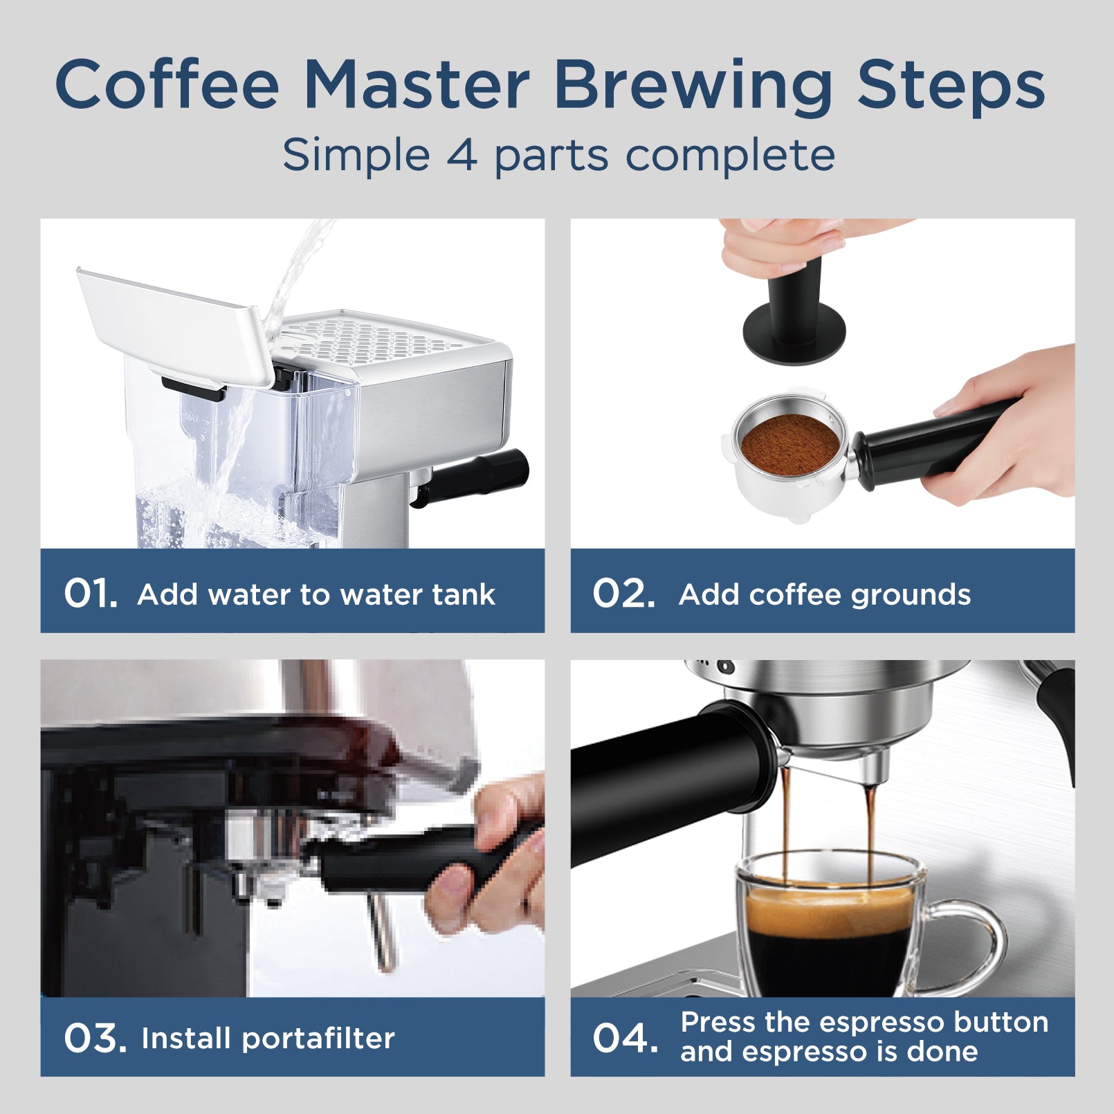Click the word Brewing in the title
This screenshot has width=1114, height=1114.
click(x=693, y=86)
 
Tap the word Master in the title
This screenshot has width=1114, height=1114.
click(x=417, y=86)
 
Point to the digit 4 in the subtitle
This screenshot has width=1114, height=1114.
click(x=462, y=155)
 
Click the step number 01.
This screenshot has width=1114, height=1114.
click(x=90, y=594)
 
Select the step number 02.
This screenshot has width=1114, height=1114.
click(x=623, y=594)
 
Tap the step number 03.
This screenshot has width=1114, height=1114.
click(x=95, y=1039)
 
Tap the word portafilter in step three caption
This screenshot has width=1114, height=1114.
click(x=318, y=1039)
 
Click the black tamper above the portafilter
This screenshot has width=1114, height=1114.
click(x=794, y=318)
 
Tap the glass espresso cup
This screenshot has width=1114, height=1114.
click(x=830, y=927)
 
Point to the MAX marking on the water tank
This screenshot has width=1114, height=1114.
click(x=192, y=418)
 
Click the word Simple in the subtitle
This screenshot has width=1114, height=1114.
click(x=356, y=155)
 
